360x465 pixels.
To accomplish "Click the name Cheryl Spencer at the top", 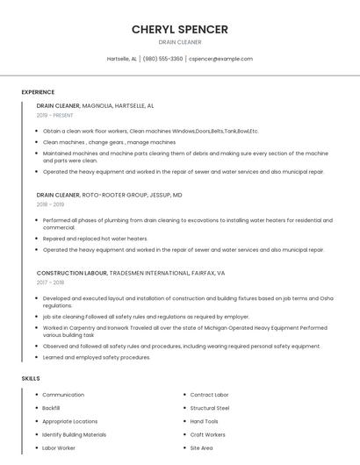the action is pos(180,29).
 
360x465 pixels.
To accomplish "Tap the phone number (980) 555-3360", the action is pos(162,59).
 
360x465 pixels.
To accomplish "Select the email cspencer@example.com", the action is pos(221,59).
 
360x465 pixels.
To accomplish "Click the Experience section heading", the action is pos(38,92).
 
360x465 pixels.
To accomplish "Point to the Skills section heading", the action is pos(31,378).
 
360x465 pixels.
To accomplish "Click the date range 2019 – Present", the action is pos(54,115).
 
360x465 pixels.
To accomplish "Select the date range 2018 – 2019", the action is pos(50,204).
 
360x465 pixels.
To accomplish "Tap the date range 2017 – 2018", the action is pos(50,283).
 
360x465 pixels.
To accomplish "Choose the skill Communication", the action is pos(63,395).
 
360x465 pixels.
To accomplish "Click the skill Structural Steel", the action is pos(210,408).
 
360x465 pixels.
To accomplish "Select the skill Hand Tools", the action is pos(205,421).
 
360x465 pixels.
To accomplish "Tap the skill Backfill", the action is pos(51,408).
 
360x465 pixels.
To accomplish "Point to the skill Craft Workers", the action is pos(208,434).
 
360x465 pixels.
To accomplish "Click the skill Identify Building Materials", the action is pos(74,434).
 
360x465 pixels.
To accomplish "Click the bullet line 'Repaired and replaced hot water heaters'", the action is pos(95,238).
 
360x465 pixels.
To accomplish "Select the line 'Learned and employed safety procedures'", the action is pos(97,357).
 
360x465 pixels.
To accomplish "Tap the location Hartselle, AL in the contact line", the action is pos(122,59).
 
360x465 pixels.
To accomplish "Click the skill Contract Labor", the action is pos(209,395).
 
